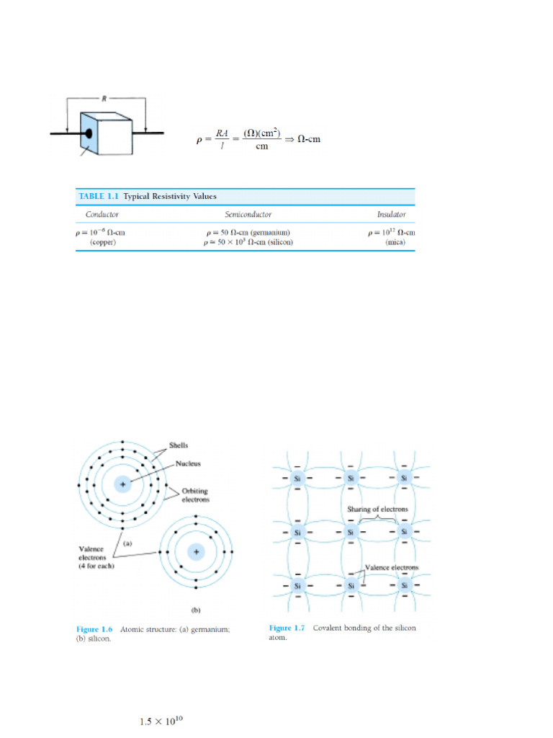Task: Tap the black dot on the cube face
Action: click(x=89, y=133)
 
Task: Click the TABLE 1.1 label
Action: click(x=99, y=196)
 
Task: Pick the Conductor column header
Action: click(x=102, y=214)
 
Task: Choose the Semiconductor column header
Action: click(x=248, y=214)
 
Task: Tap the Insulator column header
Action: click(x=392, y=214)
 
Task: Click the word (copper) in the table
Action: click(x=102, y=242)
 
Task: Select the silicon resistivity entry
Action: click(x=248, y=242)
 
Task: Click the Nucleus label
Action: click(x=189, y=463)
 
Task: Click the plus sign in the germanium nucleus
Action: click(x=122, y=484)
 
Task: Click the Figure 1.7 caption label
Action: click(x=287, y=628)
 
